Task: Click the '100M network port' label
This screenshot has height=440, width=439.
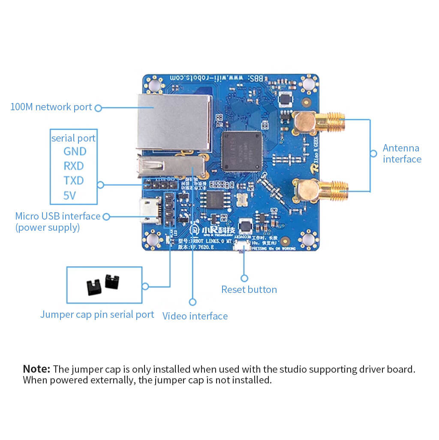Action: (51, 107)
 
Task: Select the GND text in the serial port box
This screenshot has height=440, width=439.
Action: (75, 151)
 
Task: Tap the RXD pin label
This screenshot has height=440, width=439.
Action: (74, 166)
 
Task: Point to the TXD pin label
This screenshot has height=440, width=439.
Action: (74, 181)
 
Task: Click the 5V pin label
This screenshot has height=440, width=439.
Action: (69, 196)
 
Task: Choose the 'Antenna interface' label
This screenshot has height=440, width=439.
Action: (402, 154)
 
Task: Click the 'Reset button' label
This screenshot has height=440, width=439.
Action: (249, 289)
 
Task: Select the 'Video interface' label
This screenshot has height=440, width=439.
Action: (195, 316)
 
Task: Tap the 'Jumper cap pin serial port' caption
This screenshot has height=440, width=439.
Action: (97, 314)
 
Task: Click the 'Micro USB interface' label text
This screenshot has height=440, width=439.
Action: (57, 216)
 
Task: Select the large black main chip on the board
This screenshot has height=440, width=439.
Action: (242, 151)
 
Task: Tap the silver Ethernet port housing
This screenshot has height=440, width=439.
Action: (174, 122)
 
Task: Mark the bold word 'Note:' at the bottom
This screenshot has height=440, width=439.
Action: (36, 369)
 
